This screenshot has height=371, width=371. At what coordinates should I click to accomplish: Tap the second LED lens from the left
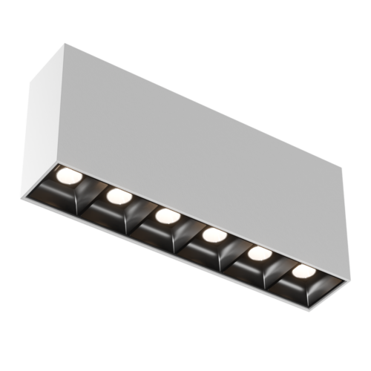pyautogui.click(x=116, y=196)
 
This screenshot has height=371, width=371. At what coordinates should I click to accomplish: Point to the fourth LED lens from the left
pyautogui.click(x=213, y=235)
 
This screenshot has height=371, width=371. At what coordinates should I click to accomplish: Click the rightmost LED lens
pyautogui.click(x=302, y=270)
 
